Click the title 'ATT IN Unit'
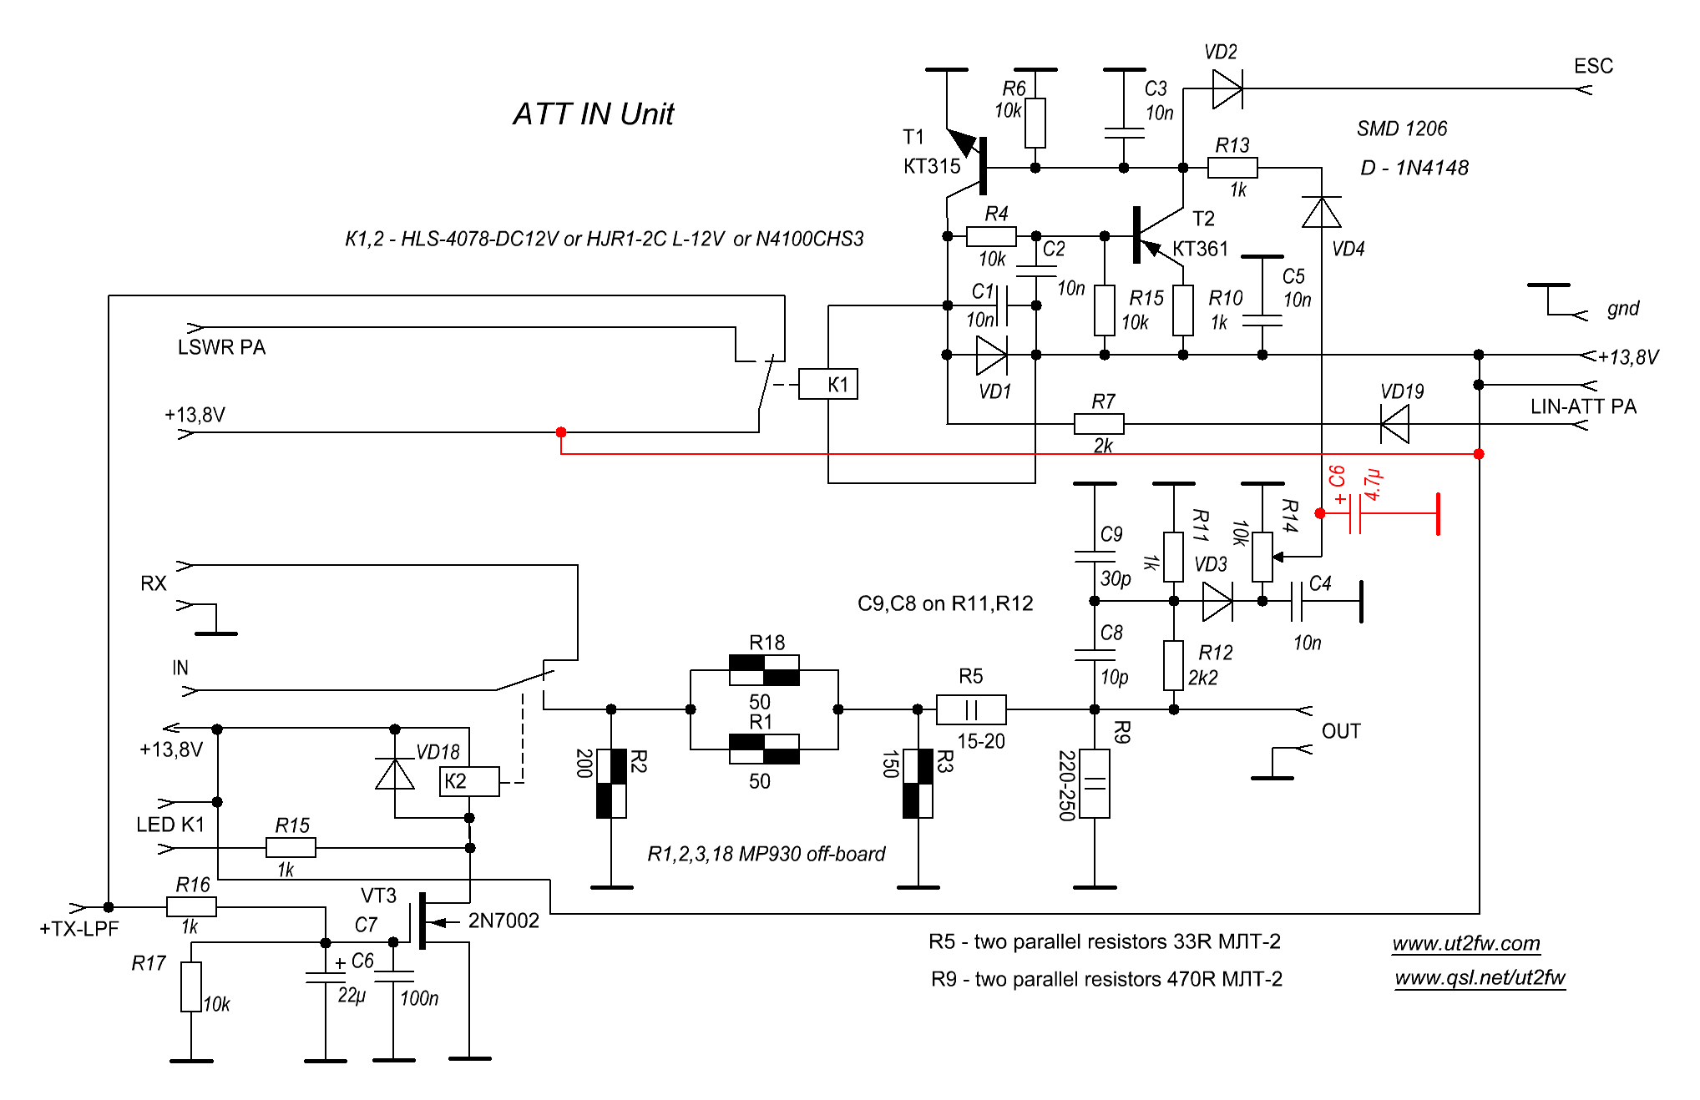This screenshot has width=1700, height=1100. (x=593, y=114)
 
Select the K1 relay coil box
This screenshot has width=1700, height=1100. (x=828, y=384)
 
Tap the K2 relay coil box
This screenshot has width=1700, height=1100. (x=469, y=781)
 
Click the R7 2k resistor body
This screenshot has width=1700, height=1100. (x=1099, y=424)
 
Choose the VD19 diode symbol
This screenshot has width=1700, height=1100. (x=1395, y=424)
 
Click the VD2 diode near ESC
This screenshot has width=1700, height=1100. (x=1227, y=88)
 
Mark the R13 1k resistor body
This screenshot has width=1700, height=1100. (x=1232, y=168)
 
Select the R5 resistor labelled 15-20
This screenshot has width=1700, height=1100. (x=971, y=709)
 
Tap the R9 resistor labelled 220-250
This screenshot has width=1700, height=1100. (x=1095, y=784)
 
